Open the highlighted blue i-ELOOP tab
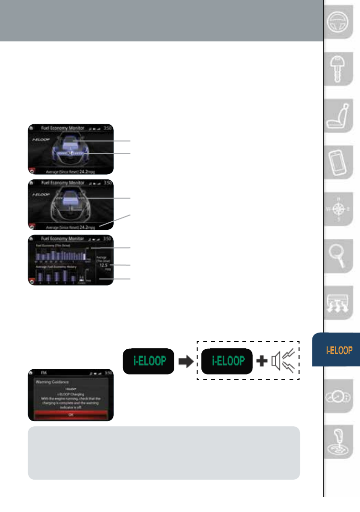pos(339,350)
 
